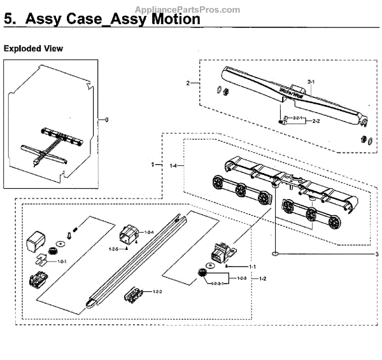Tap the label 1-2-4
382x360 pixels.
click(x=150, y=233)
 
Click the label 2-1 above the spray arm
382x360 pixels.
click(x=311, y=82)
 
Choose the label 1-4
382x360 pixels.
click(x=174, y=166)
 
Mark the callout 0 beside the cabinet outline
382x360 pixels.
click(x=107, y=120)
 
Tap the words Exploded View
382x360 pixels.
click(x=33, y=48)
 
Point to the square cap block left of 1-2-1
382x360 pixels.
click(x=34, y=241)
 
